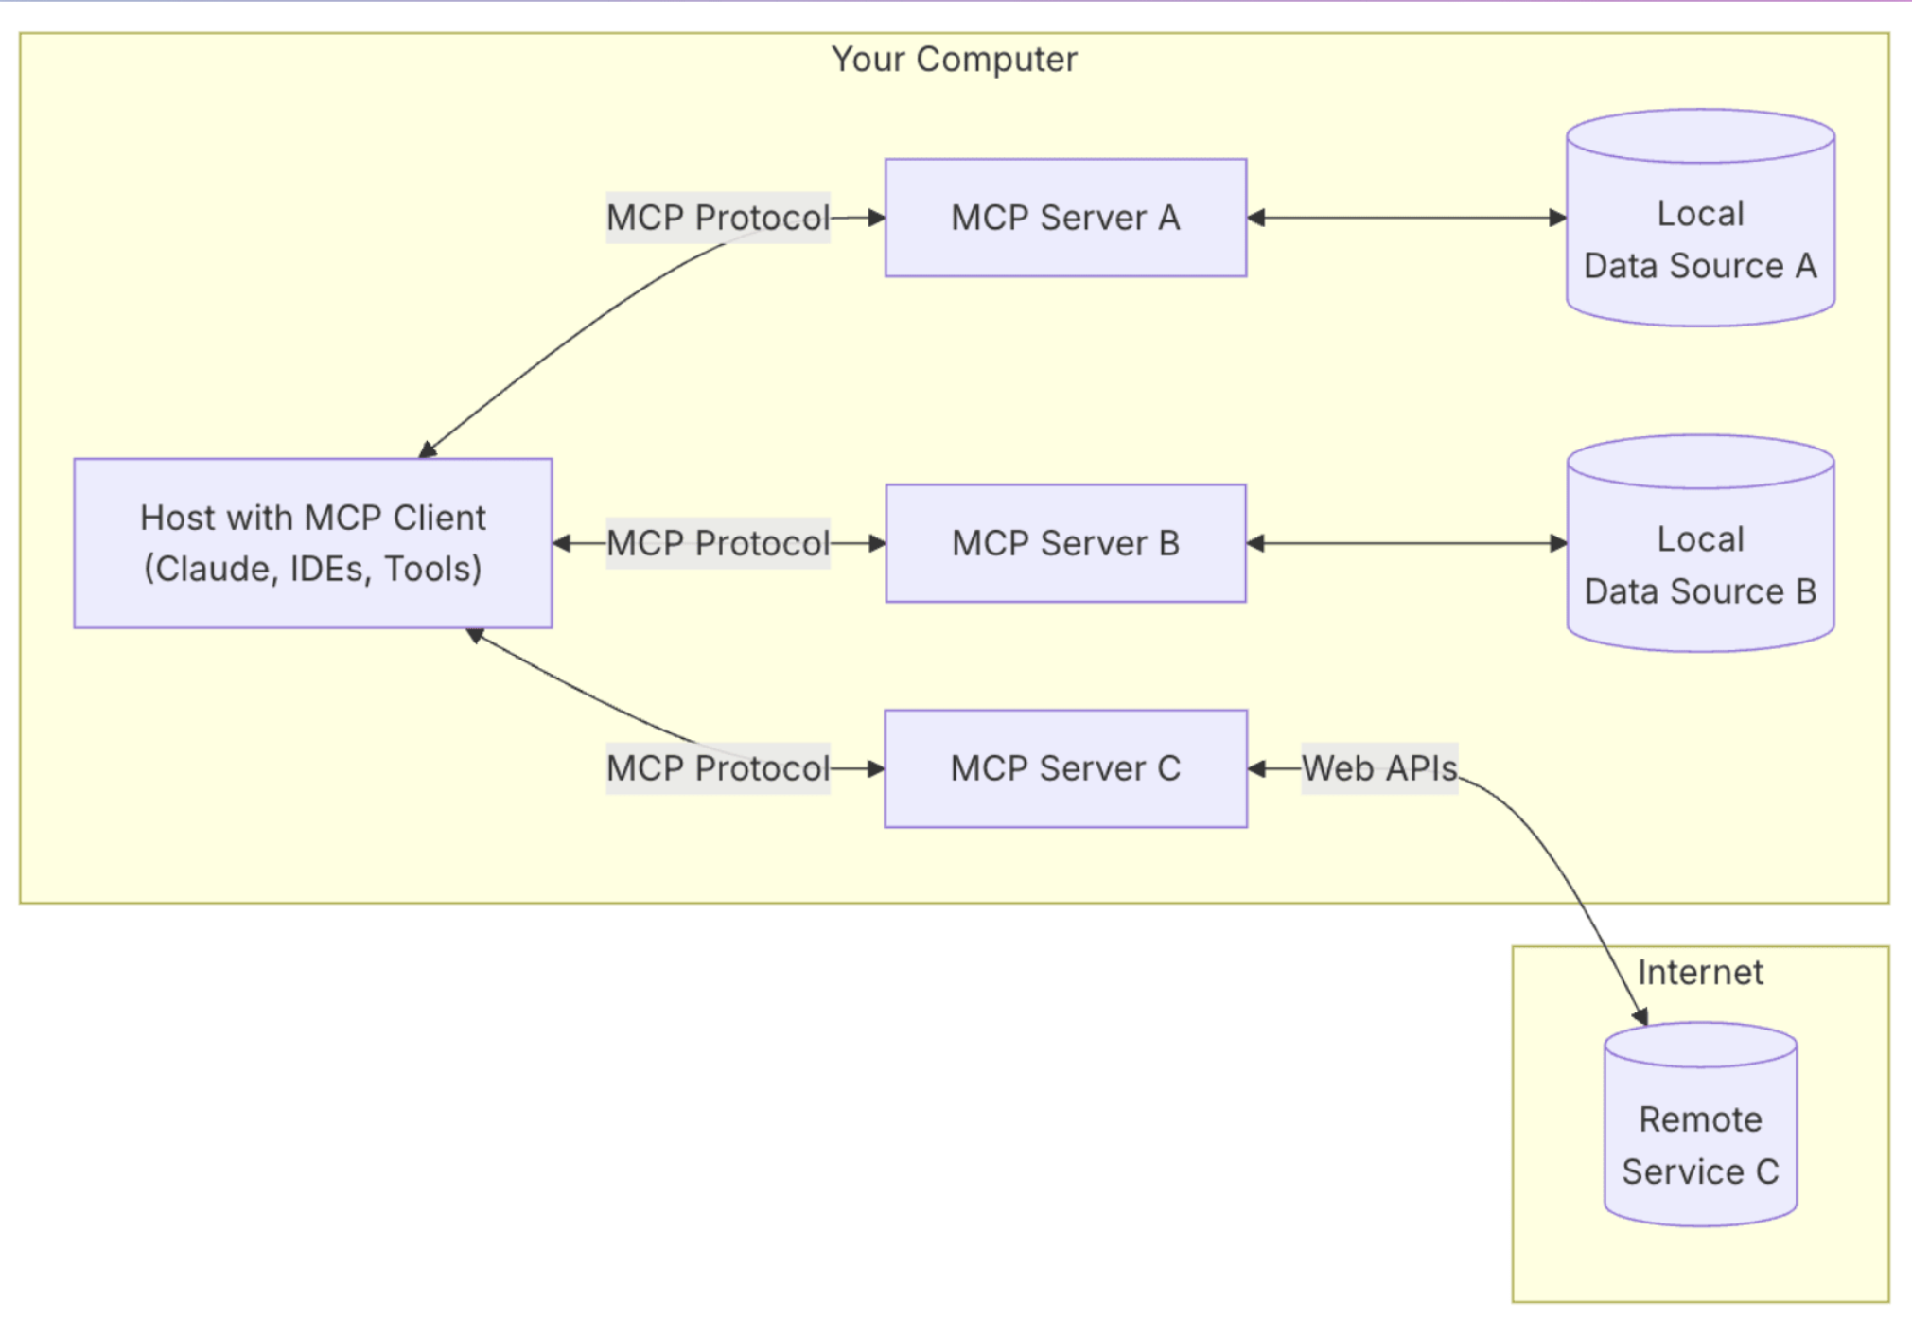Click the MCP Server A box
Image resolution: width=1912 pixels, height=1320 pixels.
click(1065, 218)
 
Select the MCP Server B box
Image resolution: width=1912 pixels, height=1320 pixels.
click(1065, 543)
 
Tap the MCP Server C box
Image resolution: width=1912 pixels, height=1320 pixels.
click(1065, 768)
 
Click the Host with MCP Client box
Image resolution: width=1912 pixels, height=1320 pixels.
click(312, 543)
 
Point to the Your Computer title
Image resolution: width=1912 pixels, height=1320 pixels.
click(954, 60)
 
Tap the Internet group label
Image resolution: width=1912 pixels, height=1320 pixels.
click(1700, 973)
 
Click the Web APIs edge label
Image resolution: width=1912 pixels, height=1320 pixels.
click(1379, 768)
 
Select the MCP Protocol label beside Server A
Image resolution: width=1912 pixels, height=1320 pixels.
click(717, 218)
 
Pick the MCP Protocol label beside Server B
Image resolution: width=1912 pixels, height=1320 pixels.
click(717, 543)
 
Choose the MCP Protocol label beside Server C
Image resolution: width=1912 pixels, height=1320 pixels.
click(717, 768)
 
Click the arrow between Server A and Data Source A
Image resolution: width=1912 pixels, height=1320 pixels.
click(1406, 218)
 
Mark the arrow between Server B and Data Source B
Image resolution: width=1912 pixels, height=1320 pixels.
click(1406, 543)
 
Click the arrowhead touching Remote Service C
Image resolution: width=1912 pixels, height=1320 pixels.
click(1641, 1017)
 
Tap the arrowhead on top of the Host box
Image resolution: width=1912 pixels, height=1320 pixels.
click(428, 450)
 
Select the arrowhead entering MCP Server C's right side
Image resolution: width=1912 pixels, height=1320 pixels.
click(1256, 768)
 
